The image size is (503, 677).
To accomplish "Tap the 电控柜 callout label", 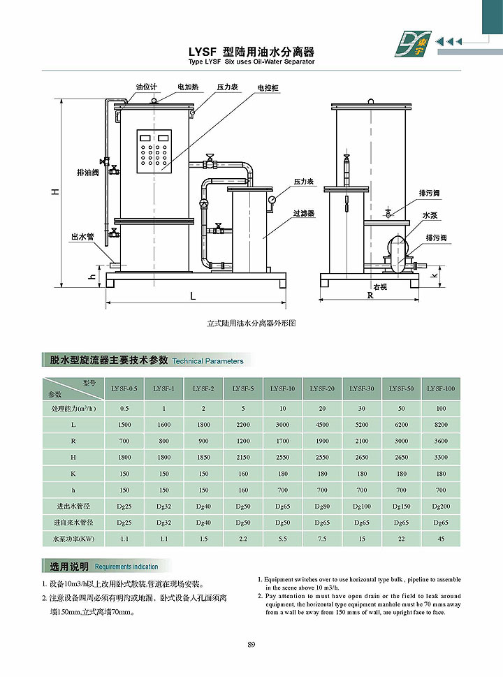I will tap(268, 87).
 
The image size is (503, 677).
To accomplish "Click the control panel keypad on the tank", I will tap(154, 152).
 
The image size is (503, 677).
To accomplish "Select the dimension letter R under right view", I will tap(370, 296).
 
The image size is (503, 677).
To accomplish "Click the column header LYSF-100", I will tap(440, 388).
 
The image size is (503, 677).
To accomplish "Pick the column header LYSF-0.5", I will tap(124, 388).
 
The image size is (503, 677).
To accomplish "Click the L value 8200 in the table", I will tap(440, 425).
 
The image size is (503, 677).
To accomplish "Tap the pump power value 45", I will tap(440, 539).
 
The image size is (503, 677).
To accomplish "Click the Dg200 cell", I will tap(440, 505).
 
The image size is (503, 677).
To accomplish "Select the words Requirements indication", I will tap(126, 567).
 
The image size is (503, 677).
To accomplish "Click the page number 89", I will tap(251, 644).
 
